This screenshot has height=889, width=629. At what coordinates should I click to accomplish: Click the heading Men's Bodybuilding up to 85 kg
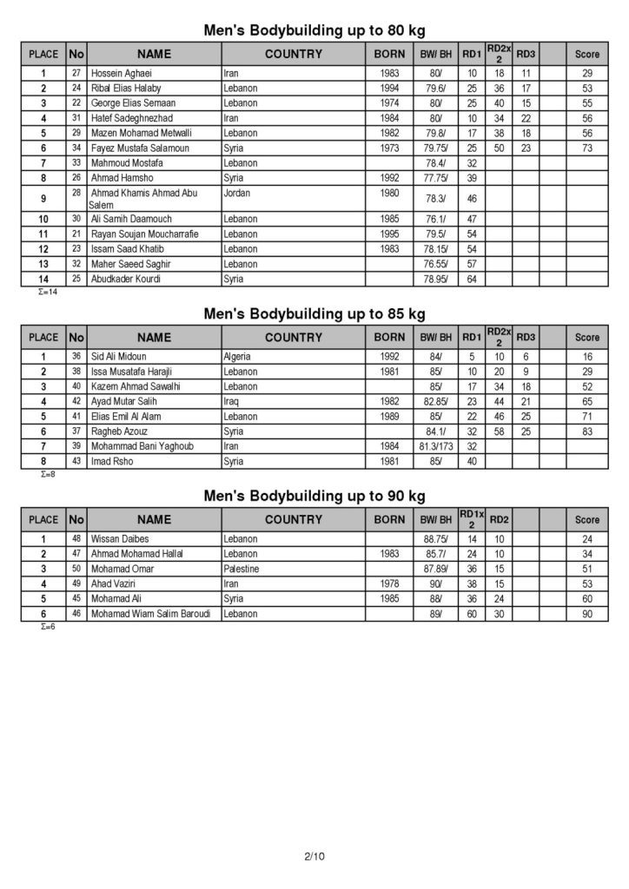click(x=314, y=313)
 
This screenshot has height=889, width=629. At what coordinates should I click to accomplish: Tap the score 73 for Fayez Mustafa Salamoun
click(x=587, y=148)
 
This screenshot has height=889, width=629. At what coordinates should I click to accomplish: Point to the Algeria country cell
click(x=239, y=357)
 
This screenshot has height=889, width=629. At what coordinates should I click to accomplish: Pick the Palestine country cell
click(x=242, y=569)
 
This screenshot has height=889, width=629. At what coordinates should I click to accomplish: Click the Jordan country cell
click(x=237, y=193)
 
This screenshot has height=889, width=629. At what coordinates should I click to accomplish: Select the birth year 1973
click(x=389, y=148)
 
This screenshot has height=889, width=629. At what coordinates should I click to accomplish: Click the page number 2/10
click(x=314, y=857)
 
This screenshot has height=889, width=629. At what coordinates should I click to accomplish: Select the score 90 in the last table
click(x=587, y=614)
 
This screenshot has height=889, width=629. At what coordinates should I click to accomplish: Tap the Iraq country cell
click(x=232, y=402)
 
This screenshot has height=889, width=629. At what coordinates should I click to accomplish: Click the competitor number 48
click(x=76, y=539)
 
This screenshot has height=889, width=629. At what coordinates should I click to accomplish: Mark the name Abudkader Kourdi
click(x=126, y=279)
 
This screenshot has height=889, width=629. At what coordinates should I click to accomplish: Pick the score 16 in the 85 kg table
click(x=587, y=357)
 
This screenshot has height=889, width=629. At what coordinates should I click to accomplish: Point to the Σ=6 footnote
click(x=48, y=626)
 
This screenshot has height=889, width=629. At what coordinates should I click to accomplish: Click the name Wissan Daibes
click(x=120, y=539)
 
